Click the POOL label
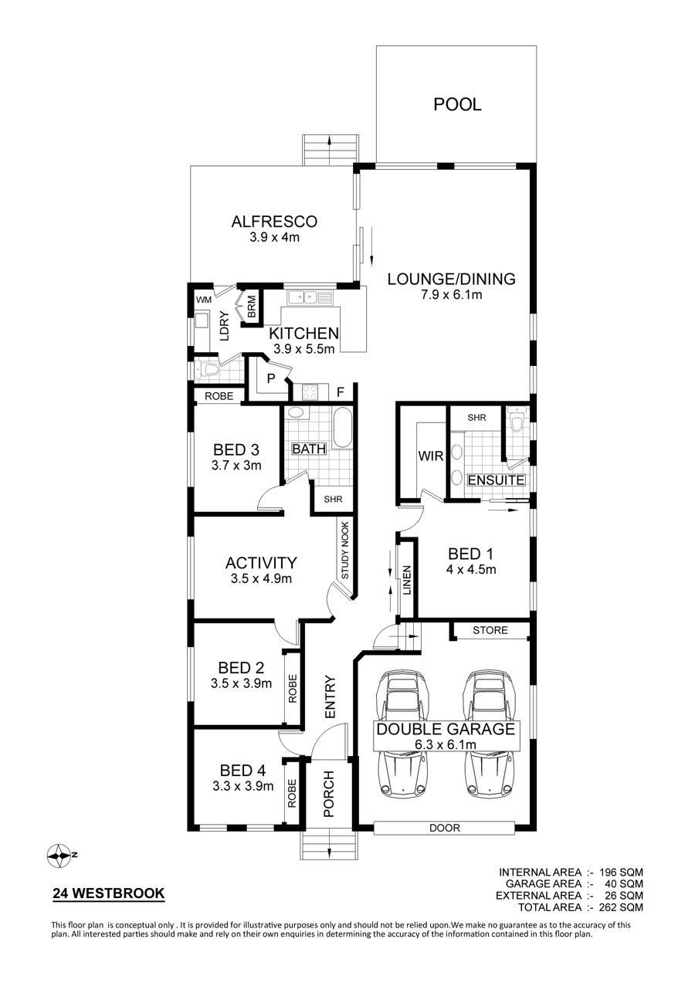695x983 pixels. (x=457, y=104)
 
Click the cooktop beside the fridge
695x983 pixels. (x=310, y=392)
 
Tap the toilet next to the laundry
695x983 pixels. (x=208, y=370)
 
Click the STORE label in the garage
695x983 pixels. (x=490, y=631)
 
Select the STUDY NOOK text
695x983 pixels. (x=344, y=550)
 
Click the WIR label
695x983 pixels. (x=430, y=456)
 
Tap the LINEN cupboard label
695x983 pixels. (x=407, y=580)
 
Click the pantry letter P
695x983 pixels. (x=271, y=378)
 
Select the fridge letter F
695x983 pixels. (x=340, y=392)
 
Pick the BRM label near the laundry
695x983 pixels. (x=252, y=307)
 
